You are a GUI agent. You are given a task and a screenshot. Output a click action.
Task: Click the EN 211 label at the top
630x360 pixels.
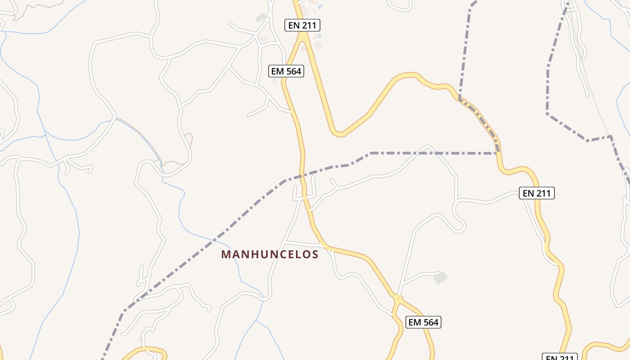coord(302,25)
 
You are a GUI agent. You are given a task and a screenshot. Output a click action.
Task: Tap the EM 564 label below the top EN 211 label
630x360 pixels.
coord(286,71)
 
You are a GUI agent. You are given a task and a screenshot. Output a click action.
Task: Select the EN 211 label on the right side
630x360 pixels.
coord(536,193)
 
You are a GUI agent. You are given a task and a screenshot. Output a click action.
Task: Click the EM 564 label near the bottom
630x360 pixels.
coord(423,322)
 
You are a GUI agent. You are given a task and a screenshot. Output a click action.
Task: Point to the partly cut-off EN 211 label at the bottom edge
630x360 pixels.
coord(560,357)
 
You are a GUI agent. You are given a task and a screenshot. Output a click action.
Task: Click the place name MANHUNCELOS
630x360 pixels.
coord(270,255)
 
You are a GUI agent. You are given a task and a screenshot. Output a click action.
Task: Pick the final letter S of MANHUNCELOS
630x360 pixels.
coord(315,255)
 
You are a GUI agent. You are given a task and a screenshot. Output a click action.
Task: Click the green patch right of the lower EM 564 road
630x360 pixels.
coord(441,278)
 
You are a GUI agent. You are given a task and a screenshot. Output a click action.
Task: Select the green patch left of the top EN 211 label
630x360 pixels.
coord(260,18)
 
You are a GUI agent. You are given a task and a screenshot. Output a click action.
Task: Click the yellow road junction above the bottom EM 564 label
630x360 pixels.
coord(398,298)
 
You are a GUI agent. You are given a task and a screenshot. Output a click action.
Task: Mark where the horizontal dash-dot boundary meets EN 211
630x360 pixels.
coord(498,153)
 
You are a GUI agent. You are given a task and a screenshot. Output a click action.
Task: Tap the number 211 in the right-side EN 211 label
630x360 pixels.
coord(543,193)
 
